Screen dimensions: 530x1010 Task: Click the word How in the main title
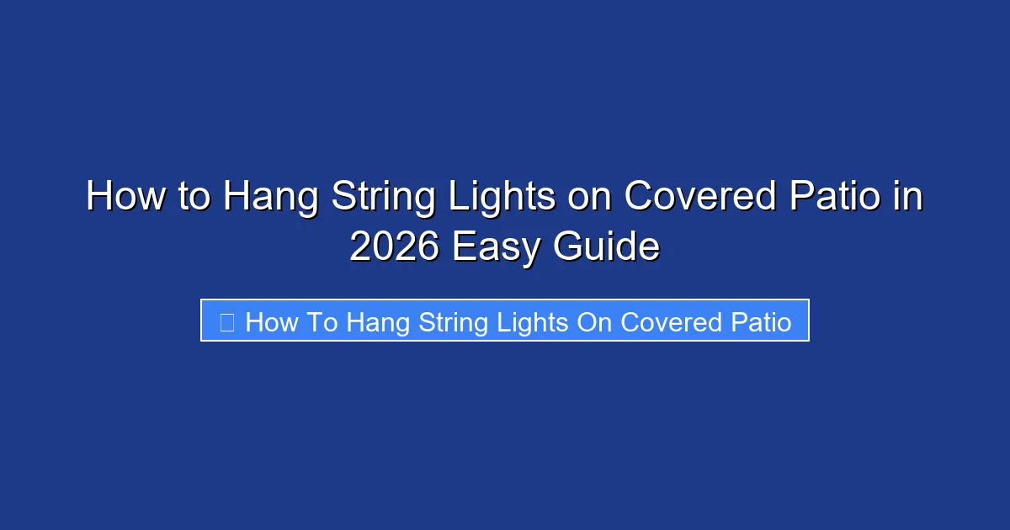(x=117, y=198)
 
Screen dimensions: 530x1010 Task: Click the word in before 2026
(x=910, y=198)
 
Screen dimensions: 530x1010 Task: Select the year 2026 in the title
(x=395, y=246)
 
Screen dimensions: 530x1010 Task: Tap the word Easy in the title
(x=496, y=248)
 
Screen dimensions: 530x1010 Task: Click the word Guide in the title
(x=607, y=246)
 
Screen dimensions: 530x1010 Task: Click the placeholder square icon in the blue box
(x=226, y=321)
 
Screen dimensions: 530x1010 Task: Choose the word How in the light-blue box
(x=271, y=321)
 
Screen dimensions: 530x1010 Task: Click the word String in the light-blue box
(x=454, y=323)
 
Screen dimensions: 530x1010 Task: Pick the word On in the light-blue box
(x=594, y=321)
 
